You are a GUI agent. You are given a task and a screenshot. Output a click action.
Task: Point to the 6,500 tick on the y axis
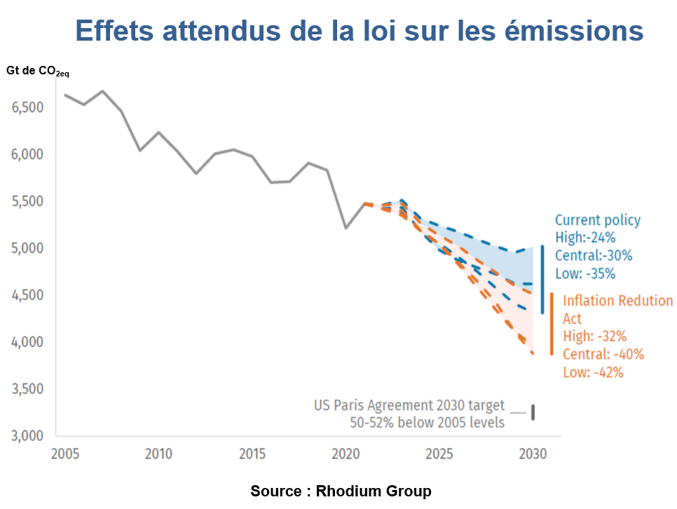[27, 107]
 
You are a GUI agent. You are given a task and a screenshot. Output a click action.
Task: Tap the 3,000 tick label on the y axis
[27, 436]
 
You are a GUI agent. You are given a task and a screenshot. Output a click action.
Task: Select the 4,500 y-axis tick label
[27, 295]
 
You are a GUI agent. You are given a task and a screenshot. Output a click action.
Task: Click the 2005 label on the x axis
[64, 454]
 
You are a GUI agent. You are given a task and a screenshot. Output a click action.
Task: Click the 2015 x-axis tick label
[252, 454]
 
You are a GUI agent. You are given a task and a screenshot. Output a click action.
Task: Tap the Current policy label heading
[597, 220]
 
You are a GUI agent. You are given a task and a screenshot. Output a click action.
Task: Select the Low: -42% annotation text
[593, 372]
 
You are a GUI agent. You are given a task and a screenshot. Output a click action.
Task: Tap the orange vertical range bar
[552, 324]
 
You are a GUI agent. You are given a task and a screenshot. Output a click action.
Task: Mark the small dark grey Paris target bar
[533, 412]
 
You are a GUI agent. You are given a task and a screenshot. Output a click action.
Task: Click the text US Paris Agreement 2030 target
[409, 406]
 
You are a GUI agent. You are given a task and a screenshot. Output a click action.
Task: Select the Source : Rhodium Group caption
[341, 491]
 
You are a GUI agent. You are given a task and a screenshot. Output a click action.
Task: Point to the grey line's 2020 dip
[346, 228]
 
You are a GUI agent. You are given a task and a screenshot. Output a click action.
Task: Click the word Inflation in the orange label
[589, 301]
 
